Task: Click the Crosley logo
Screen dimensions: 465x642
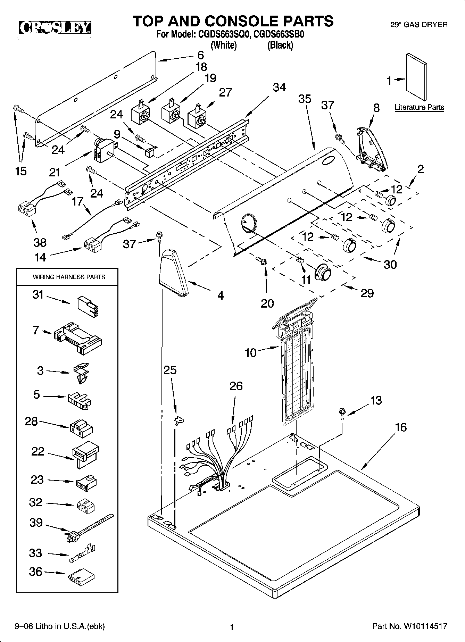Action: [55, 28]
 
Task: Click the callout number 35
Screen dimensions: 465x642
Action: [305, 99]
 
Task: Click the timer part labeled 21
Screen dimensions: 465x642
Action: [105, 150]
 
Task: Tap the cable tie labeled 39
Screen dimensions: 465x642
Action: [89, 525]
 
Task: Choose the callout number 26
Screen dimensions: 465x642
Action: [236, 386]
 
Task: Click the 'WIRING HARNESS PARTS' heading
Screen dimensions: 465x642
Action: [69, 277]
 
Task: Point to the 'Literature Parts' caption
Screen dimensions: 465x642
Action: [419, 107]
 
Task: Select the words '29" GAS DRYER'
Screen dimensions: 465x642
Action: [423, 25]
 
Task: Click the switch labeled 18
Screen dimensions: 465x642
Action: [140, 112]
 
